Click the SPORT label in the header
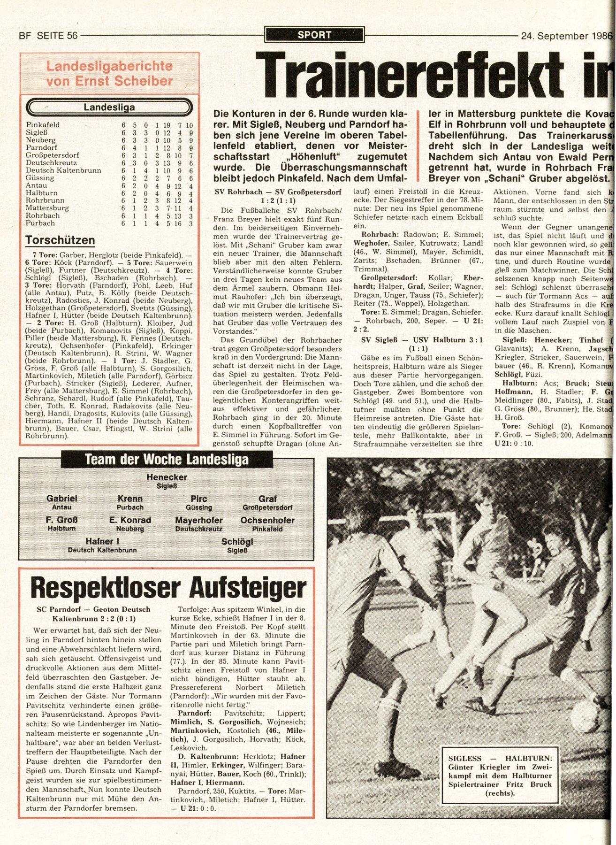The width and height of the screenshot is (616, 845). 314,35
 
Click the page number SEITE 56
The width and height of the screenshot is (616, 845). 57,35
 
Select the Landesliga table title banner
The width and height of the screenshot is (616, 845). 109,108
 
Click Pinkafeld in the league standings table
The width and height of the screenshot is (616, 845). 43,125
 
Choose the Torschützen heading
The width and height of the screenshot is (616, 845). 60,240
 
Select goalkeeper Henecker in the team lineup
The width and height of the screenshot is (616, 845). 167,477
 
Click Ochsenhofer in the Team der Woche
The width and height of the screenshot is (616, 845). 267,520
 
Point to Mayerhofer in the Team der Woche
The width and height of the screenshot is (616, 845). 199,520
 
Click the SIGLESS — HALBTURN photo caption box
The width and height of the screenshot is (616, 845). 500,775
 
